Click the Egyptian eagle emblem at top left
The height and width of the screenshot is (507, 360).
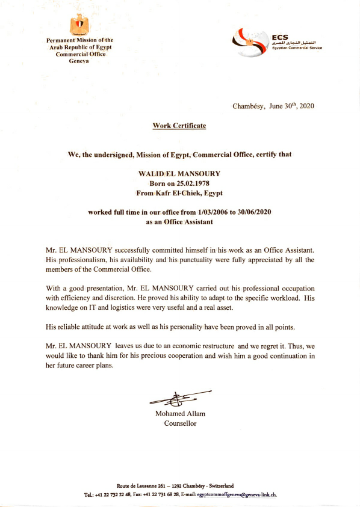pos(79,26)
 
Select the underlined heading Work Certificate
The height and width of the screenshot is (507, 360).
pos(179,126)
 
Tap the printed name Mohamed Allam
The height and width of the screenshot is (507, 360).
pos(180,414)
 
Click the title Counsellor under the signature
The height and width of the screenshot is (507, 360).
pos(180,423)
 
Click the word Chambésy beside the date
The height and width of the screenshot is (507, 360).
pos(249,106)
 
